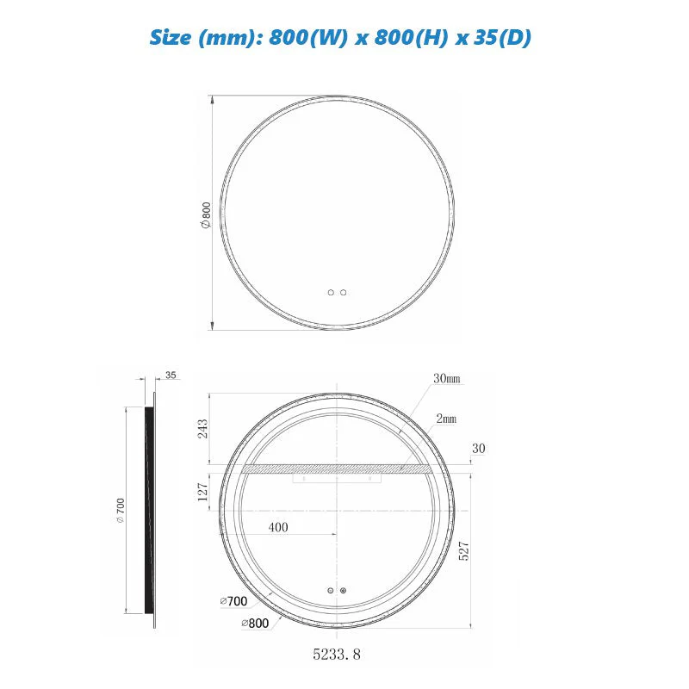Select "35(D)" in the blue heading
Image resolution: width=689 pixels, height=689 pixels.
click(505, 38)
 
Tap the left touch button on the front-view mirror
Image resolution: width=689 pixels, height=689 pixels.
click(331, 293)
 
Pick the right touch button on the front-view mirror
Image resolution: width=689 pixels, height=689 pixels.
click(344, 293)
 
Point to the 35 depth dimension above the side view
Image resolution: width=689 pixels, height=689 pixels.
click(170, 376)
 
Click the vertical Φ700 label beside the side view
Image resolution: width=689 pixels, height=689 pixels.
click(121, 511)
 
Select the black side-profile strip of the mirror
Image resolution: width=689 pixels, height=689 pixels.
click(150, 508)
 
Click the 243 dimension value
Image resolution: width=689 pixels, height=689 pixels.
click(203, 429)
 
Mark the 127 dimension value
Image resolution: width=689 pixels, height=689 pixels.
click(203, 493)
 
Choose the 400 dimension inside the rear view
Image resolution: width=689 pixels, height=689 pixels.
click(278, 527)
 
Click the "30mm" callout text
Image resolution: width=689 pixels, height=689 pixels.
click(446, 379)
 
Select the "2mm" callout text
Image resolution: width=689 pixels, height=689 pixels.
click(446, 419)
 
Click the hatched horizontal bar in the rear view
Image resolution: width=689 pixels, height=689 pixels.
click(336, 469)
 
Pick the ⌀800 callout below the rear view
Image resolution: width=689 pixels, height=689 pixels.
click(257, 622)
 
